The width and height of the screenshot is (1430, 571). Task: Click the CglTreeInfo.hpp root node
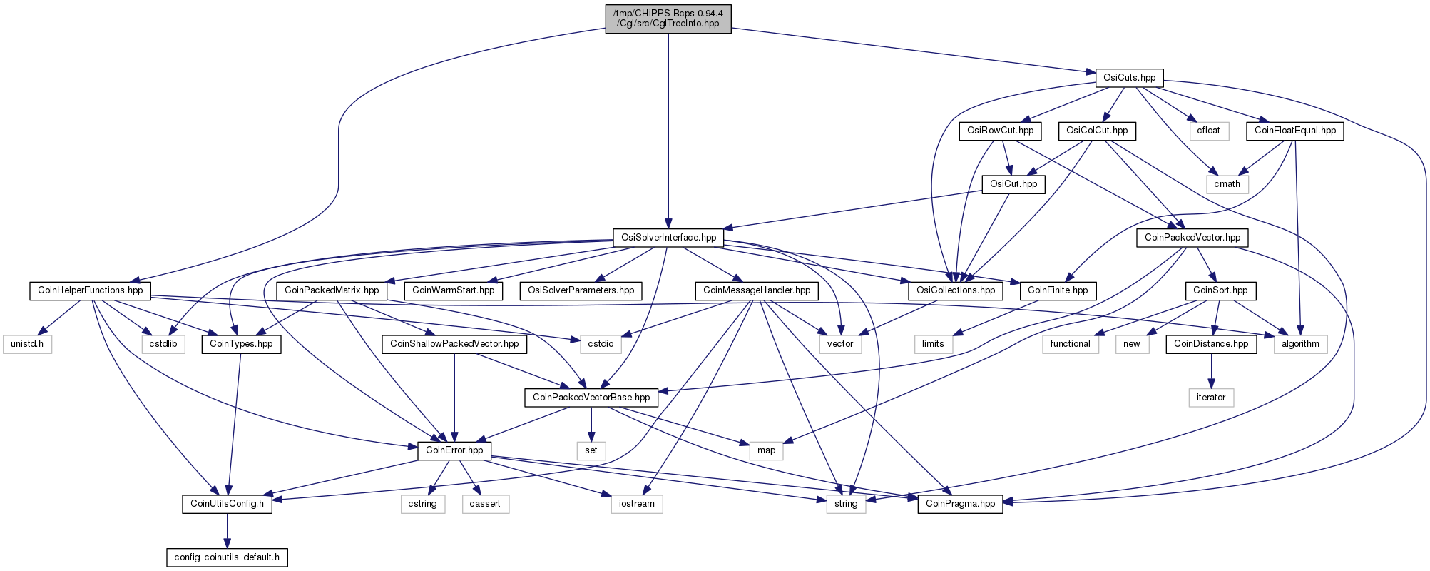668,19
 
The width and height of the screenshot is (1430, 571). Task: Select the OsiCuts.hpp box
1129,78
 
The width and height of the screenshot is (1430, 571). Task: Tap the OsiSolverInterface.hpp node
668,238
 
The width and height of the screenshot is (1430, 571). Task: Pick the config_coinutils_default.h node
227,557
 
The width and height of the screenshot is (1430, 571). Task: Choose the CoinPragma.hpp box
960,504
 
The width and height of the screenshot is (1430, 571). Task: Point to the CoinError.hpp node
454,450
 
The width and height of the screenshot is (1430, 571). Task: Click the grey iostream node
637,504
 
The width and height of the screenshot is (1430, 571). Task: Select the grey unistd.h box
27,344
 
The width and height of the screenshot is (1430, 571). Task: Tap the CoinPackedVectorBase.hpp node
591,398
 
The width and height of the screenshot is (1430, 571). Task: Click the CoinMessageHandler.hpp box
757,290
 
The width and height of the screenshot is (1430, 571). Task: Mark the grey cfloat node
1209,131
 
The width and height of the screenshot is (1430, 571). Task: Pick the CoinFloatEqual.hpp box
1295,131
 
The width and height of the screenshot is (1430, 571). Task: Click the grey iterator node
1211,398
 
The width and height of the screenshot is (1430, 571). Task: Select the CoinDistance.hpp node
1211,344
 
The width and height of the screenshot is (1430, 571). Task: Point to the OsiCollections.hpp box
956,290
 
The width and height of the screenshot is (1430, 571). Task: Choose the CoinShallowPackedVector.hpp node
454,344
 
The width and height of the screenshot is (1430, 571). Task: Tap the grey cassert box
485,504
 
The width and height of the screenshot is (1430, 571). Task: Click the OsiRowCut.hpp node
1000,131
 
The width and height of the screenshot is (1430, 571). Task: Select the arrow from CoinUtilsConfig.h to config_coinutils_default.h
227,530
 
